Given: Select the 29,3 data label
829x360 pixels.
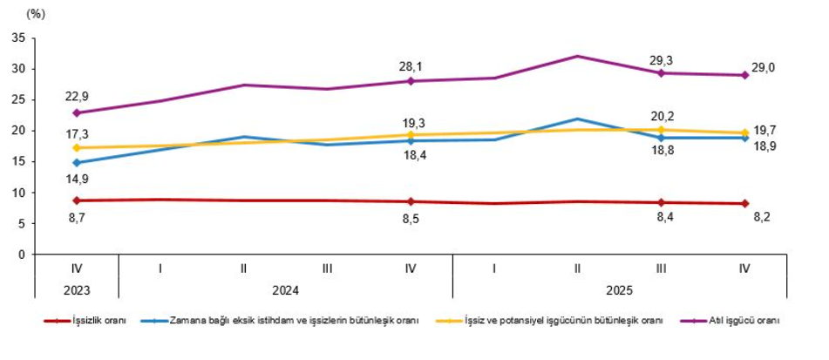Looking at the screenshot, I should click(662, 60).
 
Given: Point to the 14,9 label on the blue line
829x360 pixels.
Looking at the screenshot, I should click(76, 178).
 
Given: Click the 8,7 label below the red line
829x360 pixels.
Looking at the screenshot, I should click(76, 218).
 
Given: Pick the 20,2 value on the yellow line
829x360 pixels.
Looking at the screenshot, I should click(662, 112).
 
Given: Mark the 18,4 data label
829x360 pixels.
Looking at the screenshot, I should click(411, 154).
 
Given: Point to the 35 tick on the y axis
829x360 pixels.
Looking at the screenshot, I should click(17, 38).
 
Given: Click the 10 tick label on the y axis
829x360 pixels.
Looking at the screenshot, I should click(17, 193).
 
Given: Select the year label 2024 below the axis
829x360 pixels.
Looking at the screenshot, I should click(285, 289).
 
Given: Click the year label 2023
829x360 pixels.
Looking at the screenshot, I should click(76, 289).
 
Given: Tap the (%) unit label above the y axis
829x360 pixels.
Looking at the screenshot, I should click(36, 14).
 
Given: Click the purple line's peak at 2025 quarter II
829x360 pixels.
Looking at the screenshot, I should click(577, 56).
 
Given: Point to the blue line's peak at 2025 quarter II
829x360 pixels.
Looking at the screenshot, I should click(577, 119).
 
